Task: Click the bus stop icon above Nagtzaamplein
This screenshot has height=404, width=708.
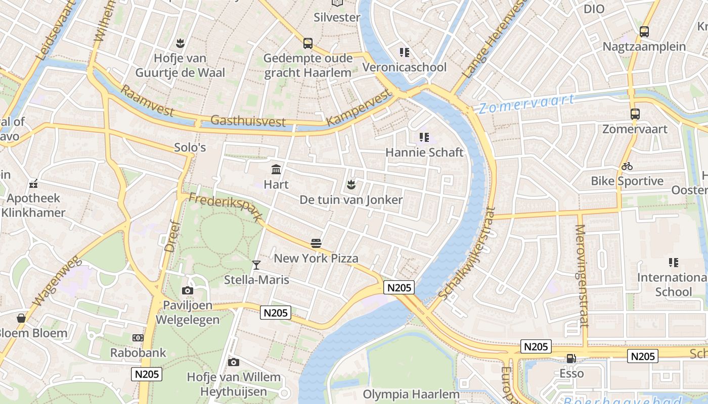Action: [x=644, y=32]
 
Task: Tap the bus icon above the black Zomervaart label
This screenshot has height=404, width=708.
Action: [x=635, y=114]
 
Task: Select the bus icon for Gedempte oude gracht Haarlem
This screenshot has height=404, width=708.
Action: [x=307, y=43]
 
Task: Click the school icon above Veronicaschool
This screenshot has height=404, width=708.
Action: [x=404, y=53]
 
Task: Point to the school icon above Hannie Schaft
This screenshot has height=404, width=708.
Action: [x=424, y=137]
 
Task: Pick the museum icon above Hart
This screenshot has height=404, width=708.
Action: [x=276, y=169]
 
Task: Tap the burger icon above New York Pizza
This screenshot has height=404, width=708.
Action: [x=316, y=243]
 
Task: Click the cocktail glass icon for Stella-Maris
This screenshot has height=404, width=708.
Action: [x=256, y=265]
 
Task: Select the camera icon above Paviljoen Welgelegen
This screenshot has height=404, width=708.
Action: [x=187, y=290]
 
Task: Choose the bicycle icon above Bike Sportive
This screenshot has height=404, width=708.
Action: [x=627, y=166]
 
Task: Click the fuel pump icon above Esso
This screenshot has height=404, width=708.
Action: [x=571, y=359]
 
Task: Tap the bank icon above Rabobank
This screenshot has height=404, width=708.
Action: [x=138, y=337]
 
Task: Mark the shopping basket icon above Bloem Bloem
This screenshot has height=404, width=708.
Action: [x=21, y=318]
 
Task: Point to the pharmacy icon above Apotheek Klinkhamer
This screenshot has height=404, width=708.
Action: [x=33, y=184]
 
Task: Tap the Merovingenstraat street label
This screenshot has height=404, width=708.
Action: [x=581, y=276]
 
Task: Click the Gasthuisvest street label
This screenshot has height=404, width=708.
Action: [x=248, y=121]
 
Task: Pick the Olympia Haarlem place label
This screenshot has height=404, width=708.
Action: [x=411, y=394]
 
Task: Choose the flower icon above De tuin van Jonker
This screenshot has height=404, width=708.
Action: [x=351, y=185]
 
